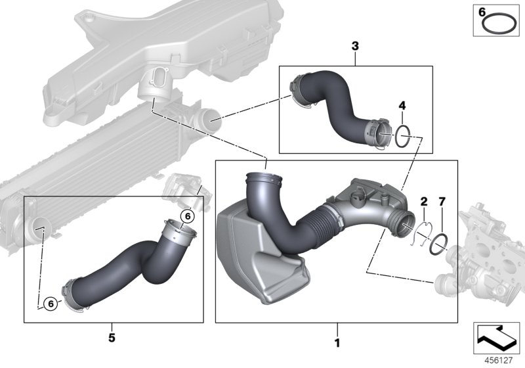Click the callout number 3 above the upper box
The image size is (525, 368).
click(355, 46)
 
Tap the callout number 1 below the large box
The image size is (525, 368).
click(337, 342)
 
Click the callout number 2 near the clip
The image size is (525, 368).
click(424, 201)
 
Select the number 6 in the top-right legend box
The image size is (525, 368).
click(480, 12)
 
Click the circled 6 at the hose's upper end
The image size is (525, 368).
click(186, 215)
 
